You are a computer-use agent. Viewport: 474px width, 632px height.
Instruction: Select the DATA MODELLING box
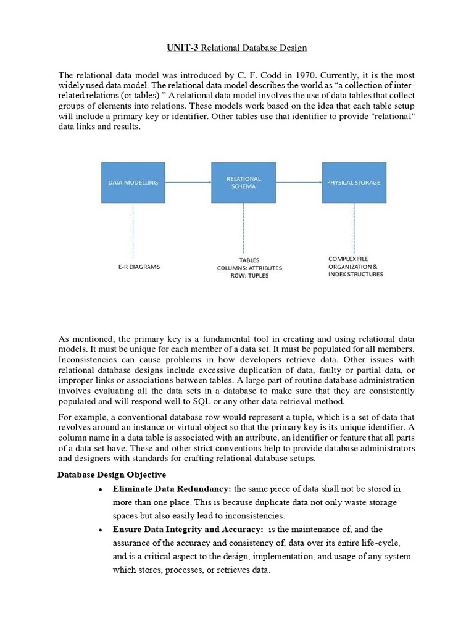pyautogui.click(x=133, y=183)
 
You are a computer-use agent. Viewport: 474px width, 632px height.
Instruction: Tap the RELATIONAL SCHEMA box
pyautogui.click(x=243, y=183)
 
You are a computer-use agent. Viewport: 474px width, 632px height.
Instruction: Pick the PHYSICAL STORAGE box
pyautogui.click(x=354, y=183)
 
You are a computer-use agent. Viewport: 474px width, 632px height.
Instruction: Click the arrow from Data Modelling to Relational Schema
pyautogui.click(x=188, y=183)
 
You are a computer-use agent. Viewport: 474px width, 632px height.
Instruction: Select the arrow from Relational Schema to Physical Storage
pyautogui.click(x=298, y=183)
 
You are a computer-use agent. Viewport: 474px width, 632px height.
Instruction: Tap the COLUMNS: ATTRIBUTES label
pyautogui.click(x=249, y=268)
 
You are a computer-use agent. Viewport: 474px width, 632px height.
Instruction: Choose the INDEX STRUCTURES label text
pyautogui.click(x=355, y=274)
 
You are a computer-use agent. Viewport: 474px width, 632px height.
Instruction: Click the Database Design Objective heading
pyautogui.click(x=112, y=475)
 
